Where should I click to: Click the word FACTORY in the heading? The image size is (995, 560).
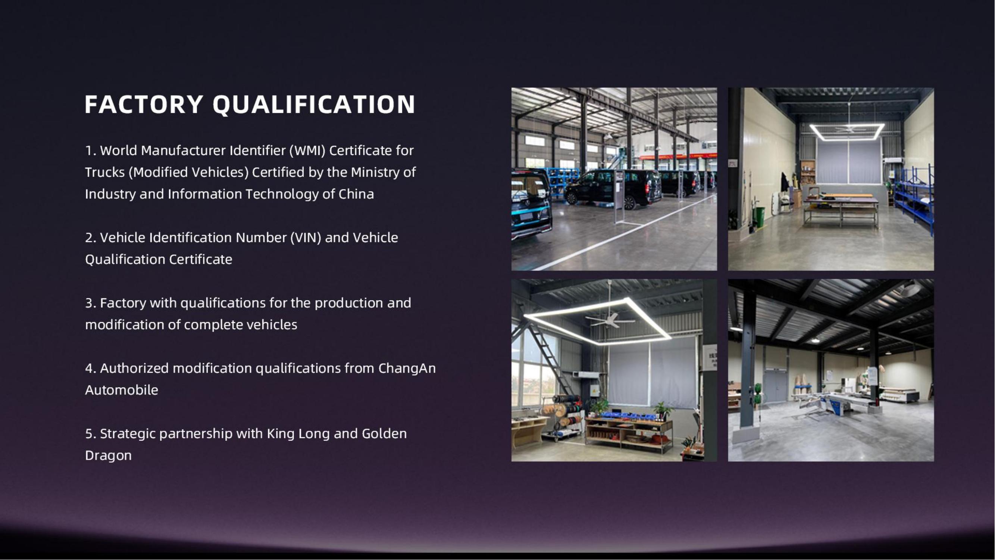pyautogui.click(x=144, y=105)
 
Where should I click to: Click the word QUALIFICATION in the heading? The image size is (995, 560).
pyautogui.click(x=314, y=105)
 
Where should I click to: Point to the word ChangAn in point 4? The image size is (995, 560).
pyautogui.click(x=407, y=368)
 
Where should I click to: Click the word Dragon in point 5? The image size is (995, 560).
pyautogui.click(x=108, y=455)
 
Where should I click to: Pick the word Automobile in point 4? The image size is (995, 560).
pyautogui.click(x=122, y=390)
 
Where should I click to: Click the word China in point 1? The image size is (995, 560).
pyautogui.click(x=356, y=194)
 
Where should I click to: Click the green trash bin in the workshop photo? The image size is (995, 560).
pyautogui.click(x=760, y=217)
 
